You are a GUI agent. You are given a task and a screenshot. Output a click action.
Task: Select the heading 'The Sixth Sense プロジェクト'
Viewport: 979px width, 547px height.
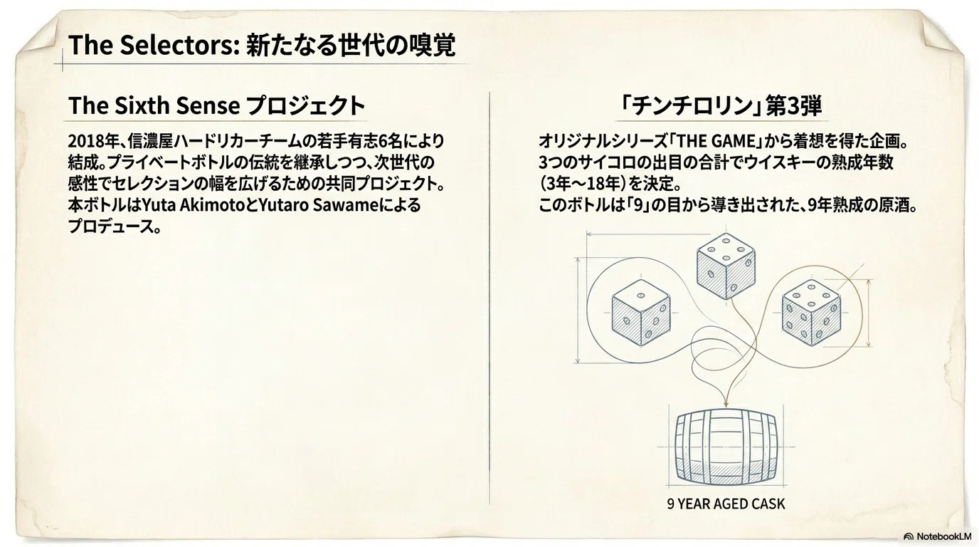[x=217, y=105]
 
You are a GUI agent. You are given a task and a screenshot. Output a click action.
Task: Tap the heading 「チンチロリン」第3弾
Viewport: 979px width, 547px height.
[x=721, y=106]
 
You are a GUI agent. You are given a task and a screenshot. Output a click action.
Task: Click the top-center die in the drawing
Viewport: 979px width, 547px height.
[x=726, y=266]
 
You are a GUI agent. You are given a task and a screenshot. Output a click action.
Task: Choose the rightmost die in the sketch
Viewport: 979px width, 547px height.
[x=811, y=313]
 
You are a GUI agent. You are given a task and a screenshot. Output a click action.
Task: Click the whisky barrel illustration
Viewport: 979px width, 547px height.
[x=726, y=447]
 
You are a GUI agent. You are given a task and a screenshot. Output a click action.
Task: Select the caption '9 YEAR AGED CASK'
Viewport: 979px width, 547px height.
[x=726, y=504]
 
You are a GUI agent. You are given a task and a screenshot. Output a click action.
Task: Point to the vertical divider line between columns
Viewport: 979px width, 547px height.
[x=489, y=298]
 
